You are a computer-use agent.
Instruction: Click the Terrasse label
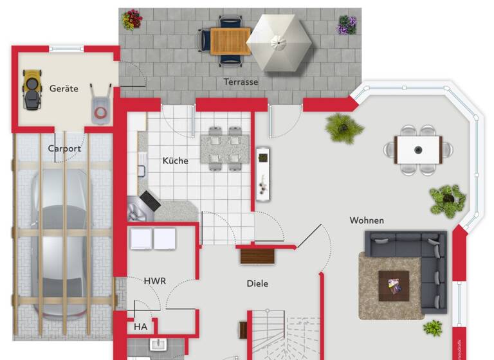[241, 82]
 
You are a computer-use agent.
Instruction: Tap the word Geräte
[64, 89]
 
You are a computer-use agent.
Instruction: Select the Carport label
[64, 148]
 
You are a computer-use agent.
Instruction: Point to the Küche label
[175, 161]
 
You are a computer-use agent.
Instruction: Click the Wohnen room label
[367, 221]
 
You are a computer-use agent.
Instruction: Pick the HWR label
[154, 281]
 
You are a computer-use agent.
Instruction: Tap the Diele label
[257, 283]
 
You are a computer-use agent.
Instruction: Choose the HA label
[140, 327]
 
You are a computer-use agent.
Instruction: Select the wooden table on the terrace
[230, 41]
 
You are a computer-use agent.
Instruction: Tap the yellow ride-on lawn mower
[31, 89]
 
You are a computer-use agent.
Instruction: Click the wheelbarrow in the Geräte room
[100, 104]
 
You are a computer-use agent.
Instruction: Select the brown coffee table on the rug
[393, 285]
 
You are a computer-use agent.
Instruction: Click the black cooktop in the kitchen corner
[149, 201]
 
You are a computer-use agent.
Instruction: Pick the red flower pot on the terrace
[132, 19]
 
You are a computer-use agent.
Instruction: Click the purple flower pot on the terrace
[347, 24]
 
